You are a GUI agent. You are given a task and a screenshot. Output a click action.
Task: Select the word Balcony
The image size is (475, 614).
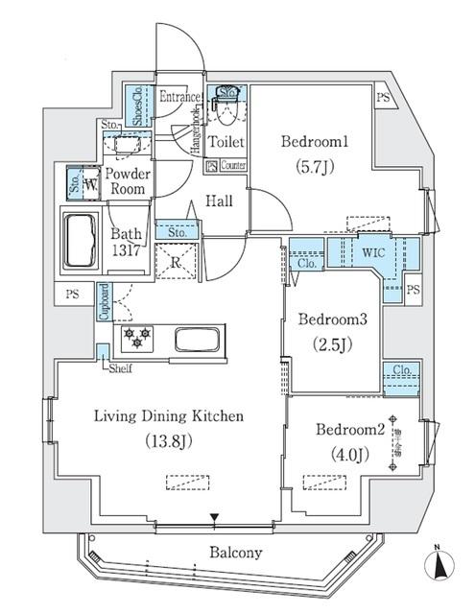coord(235,553)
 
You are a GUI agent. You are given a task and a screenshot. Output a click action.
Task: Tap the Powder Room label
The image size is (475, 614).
coord(126,181)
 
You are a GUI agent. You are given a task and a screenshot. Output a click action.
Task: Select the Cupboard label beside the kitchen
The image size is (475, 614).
coord(103,303)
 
